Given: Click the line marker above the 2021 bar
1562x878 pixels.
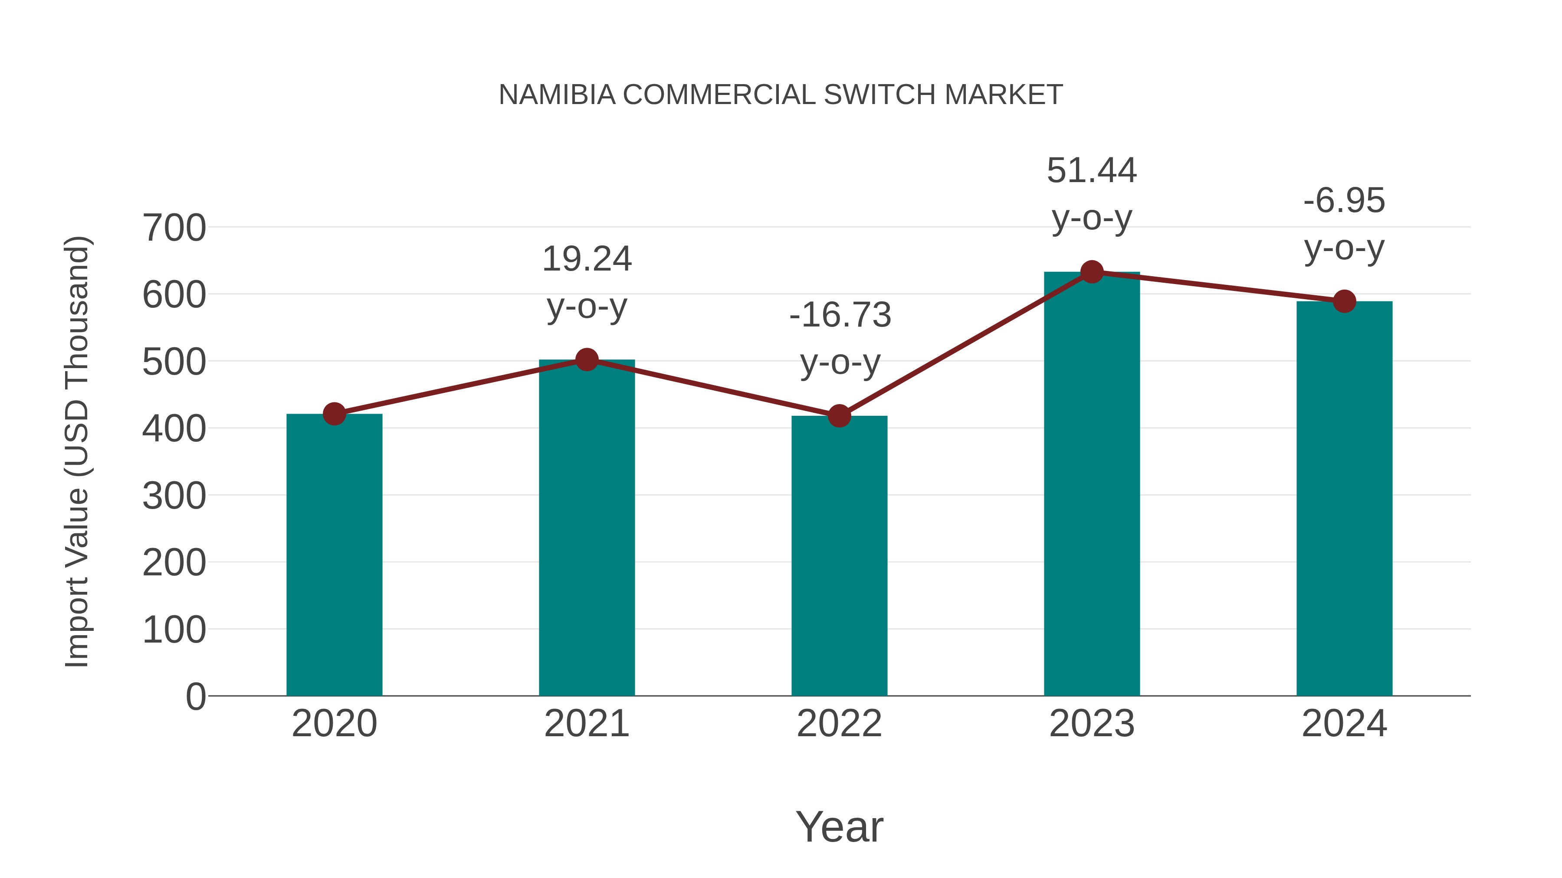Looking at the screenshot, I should point(586,360).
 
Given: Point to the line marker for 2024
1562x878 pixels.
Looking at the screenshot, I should point(1344,301).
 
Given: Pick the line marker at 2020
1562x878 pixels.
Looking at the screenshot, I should point(334,414).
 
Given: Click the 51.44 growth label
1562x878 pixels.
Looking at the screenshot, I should point(1092,171).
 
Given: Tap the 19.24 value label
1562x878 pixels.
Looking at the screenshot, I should point(586,259).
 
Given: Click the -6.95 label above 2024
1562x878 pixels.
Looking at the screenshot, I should point(1344,201).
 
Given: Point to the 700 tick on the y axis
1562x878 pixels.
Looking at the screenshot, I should point(174,228).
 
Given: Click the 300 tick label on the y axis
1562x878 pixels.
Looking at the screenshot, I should point(174,496).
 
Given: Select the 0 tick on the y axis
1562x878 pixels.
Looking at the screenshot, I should point(195,696).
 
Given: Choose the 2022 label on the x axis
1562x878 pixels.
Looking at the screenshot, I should point(839,724).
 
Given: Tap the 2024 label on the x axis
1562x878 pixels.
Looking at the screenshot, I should point(1344,724).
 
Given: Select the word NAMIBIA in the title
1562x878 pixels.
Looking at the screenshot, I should point(557,95).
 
